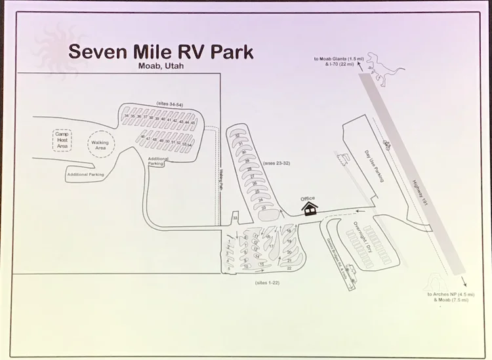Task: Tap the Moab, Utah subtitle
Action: [x=161, y=66]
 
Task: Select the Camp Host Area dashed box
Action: [x=62, y=140]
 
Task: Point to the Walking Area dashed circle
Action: [x=100, y=145]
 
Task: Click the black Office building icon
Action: [x=309, y=208]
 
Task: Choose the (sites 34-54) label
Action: [x=170, y=104]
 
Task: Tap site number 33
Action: [x=235, y=218]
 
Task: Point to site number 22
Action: [x=289, y=268]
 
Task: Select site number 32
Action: [x=237, y=136]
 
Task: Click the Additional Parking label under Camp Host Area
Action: [x=86, y=175]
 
